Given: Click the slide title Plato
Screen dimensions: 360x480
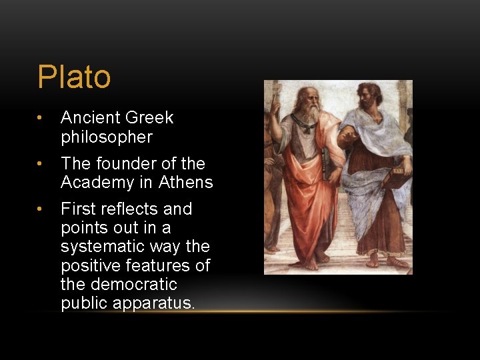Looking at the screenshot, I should coord(74,77).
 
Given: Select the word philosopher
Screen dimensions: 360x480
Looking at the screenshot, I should coord(107,137).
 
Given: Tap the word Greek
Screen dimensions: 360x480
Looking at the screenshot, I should coord(150,118).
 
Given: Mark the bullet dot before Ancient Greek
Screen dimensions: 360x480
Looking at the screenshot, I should coord(41,119).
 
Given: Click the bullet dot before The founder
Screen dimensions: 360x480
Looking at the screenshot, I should coord(41,164).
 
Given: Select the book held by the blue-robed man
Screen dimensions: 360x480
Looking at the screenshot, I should coord(398,179).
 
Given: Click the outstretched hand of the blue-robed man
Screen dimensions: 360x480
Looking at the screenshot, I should coord(346,137).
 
